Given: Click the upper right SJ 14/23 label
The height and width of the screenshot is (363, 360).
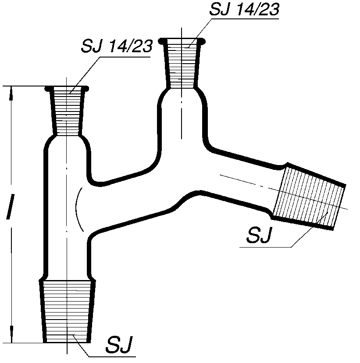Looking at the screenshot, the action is pyautogui.click(x=244, y=10).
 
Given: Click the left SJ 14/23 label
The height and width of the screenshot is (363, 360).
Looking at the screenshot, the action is pyautogui.click(x=117, y=46).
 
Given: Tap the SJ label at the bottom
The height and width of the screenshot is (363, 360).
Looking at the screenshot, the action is pyautogui.click(x=119, y=345).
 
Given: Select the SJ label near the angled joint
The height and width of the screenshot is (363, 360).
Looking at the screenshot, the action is pyautogui.click(x=260, y=235).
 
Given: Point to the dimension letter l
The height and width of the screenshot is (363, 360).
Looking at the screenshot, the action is pyautogui.click(x=10, y=206).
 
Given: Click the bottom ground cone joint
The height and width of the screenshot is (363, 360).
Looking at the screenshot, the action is pyautogui.click(x=67, y=311).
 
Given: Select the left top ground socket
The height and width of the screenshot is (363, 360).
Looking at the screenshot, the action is pyautogui.click(x=67, y=111).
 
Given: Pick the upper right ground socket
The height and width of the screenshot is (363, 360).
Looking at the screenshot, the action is pyautogui.click(x=182, y=63).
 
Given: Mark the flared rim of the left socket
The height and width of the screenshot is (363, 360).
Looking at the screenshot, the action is pyautogui.click(x=67, y=88).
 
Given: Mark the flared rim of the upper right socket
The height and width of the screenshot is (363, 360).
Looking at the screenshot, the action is pyautogui.click(x=182, y=41).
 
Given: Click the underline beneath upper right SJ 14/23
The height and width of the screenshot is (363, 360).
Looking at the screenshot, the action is pyautogui.click(x=245, y=18).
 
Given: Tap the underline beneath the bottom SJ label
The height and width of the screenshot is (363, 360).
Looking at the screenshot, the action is pyautogui.click(x=112, y=356).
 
